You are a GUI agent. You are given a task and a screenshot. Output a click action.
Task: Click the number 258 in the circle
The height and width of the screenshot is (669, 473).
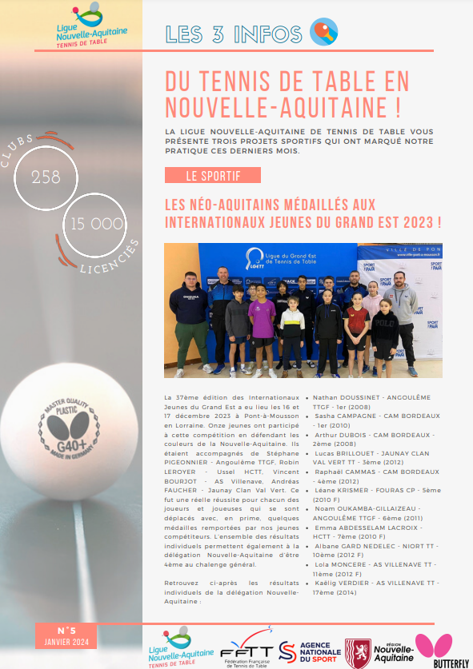[46, 177]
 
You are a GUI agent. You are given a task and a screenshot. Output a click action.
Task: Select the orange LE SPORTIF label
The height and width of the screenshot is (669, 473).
[212, 175]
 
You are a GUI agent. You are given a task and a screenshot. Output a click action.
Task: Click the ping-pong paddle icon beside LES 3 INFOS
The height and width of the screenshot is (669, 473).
[323, 33]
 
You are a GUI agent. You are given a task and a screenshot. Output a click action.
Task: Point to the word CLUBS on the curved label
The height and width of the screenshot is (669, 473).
[18, 153]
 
